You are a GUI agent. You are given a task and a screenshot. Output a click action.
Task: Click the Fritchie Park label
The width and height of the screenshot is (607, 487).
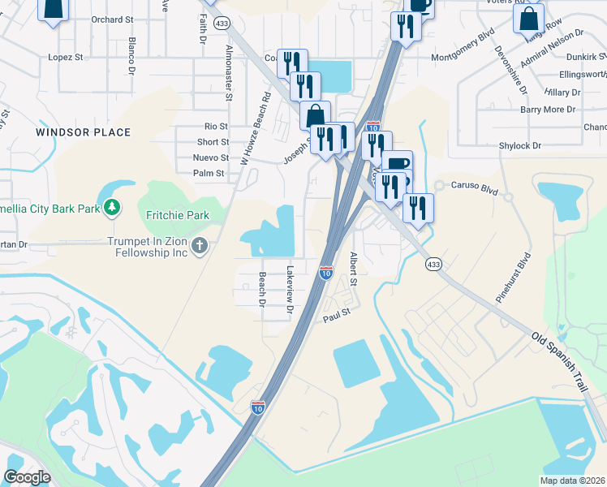(177, 215)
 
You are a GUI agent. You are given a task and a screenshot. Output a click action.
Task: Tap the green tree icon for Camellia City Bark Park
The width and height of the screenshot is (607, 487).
(111, 209)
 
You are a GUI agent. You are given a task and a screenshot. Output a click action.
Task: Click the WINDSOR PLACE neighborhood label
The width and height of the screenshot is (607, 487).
(84, 132)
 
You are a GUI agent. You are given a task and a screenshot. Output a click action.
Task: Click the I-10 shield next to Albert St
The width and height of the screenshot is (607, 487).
(325, 273)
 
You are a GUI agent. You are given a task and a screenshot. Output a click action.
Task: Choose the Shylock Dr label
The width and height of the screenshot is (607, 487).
(520, 145)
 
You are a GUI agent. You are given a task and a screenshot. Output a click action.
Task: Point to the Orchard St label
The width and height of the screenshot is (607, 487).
(112, 19)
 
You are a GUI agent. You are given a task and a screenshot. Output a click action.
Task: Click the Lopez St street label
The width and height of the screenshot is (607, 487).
(66, 58)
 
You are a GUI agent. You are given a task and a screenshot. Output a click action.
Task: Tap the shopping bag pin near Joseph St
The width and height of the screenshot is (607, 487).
(315, 115)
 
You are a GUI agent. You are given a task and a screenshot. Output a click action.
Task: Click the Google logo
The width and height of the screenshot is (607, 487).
(27, 477)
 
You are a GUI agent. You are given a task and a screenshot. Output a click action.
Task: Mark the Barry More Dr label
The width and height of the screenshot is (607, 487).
(548, 110)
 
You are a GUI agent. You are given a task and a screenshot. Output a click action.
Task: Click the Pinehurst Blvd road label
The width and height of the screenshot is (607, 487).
(514, 276)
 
